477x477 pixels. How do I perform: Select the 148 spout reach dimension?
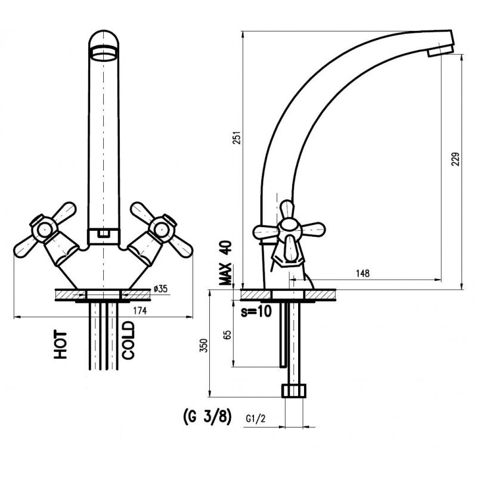(x=362, y=273)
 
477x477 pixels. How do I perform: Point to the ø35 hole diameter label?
(x=160, y=289)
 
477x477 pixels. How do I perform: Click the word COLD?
(x=129, y=340)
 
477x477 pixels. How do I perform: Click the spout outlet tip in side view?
(x=440, y=51)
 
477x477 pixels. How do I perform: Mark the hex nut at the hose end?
(x=294, y=391)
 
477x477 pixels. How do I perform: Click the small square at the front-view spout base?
(x=104, y=235)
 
